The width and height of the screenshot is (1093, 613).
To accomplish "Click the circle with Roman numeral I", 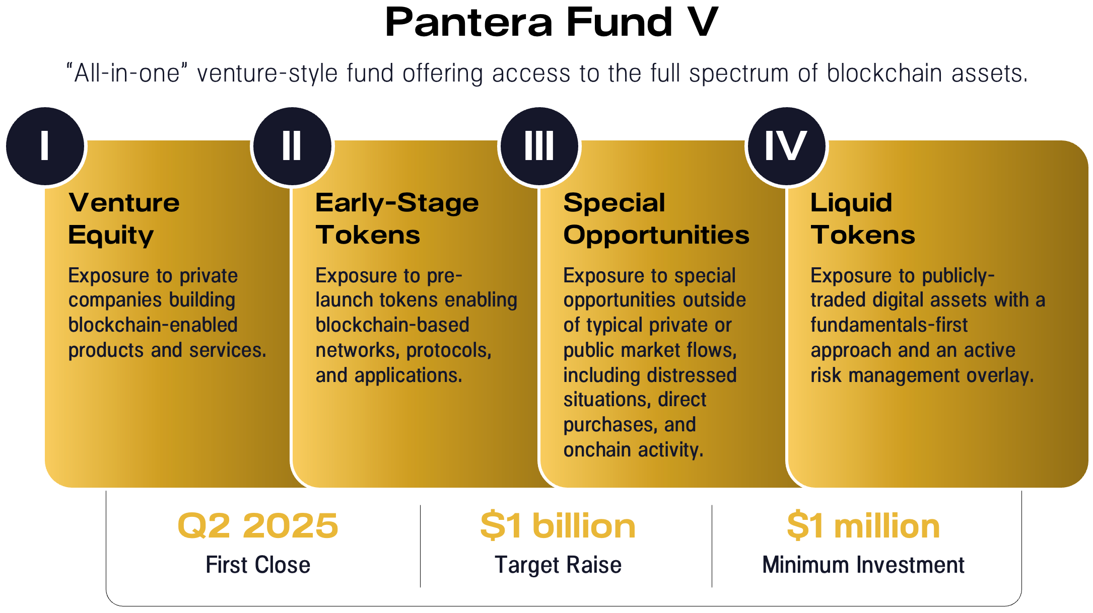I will (x=45, y=146).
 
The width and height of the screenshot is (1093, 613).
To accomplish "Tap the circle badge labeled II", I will (x=292, y=146).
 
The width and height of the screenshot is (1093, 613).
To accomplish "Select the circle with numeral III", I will (x=539, y=146).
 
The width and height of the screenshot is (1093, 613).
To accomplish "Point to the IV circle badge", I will (x=787, y=146).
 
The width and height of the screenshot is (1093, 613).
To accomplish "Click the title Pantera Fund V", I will (x=551, y=23).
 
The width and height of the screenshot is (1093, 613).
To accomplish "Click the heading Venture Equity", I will (x=123, y=219).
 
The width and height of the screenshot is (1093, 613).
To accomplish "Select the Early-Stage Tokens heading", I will (x=397, y=219).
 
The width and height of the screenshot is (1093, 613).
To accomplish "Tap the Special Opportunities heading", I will (x=656, y=219).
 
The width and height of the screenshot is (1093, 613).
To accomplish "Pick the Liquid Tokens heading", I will (x=862, y=219).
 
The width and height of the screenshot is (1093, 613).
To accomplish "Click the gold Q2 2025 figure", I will (x=258, y=526).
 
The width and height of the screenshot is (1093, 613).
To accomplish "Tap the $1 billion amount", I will (x=558, y=526).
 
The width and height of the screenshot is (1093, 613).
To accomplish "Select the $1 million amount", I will (x=863, y=526).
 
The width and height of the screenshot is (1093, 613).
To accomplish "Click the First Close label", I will (x=258, y=565).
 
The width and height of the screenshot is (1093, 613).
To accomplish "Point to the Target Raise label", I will (x=558, y=565).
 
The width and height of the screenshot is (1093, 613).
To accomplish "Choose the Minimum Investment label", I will (x=863, y=565).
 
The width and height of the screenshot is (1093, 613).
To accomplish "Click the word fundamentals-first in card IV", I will (x=889, y=325).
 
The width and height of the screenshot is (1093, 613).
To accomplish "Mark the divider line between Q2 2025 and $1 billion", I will (x=420, y=546).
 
